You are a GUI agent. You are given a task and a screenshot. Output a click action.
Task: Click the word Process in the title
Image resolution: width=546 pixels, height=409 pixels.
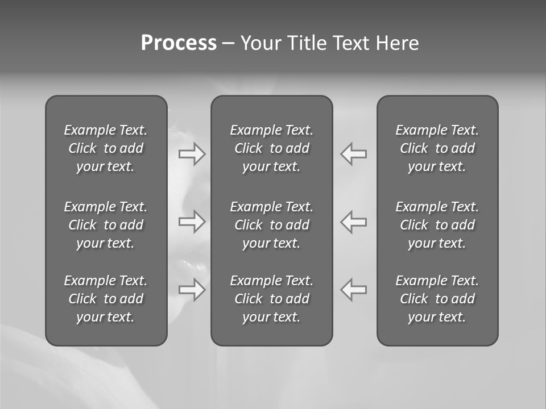[179, 43]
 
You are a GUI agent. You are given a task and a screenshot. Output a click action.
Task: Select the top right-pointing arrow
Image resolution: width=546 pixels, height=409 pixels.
[192, 154]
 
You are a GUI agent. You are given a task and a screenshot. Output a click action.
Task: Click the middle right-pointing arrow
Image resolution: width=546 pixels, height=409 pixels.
[192, 222]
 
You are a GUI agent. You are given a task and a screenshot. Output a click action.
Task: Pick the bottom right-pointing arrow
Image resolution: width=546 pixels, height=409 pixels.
[192, 290]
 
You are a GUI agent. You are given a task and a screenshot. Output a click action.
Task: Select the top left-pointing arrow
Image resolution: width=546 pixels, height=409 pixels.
[354, 154]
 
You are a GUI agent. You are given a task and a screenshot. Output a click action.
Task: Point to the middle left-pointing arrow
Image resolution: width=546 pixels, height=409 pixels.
[354, 222]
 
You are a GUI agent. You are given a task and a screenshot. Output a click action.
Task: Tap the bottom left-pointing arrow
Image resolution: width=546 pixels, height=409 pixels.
[354, 290]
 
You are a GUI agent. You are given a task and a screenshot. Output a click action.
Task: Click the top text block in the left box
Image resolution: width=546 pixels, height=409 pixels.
[106, 148]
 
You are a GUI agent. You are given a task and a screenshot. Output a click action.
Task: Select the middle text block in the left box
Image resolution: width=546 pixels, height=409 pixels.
[106, 225]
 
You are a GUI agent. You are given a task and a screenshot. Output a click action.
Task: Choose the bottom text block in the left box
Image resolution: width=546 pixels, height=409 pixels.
[106, 299]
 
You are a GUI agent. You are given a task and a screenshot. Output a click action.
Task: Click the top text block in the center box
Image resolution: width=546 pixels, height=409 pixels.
[271, 148]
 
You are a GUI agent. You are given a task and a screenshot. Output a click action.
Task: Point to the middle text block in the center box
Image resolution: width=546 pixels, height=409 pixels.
[271, 225]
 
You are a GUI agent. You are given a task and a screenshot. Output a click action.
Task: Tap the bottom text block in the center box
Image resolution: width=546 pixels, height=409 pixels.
[271, 299]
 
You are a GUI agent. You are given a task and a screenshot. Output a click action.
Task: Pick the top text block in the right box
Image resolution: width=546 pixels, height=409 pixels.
[437, 148]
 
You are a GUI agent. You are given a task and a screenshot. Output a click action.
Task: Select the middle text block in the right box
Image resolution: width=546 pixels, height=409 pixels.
[437, 225]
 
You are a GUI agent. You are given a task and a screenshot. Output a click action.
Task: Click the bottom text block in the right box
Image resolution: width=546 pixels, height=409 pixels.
[437, 299]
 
